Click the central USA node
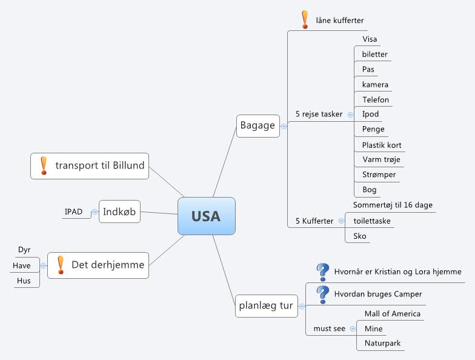pos(206,216)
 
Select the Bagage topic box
pos(257,126)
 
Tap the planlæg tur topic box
pos(266,305)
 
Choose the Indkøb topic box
pos(119,212)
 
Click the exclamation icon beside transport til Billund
pos(44,165)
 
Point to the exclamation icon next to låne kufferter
pos(305,19)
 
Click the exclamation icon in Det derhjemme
pos(60,265)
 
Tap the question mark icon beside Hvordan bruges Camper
pos(322,294)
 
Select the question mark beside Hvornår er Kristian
pos(322,272)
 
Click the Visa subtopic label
pos(370,39)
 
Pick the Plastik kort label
pos(382,145)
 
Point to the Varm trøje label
pos(381,159)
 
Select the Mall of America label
pos(392,313)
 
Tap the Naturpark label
pos(382,343)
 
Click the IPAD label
pos(73,212)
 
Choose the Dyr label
pos(24,250)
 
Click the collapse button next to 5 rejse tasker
pos(351,114)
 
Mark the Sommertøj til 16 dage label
pos(393,205)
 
